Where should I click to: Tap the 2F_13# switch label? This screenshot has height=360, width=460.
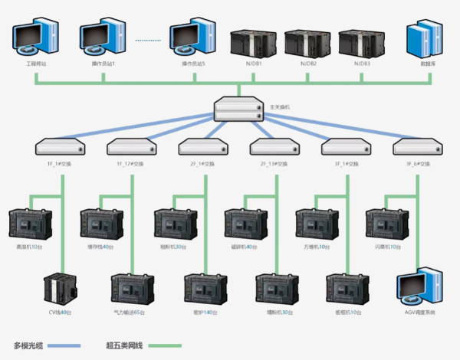click(274, 164)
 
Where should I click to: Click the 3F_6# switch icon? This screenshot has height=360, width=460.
click(416, 146)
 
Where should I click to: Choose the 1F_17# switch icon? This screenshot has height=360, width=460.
click(132, 146)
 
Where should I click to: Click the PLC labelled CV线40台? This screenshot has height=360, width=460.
click(60, 289)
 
